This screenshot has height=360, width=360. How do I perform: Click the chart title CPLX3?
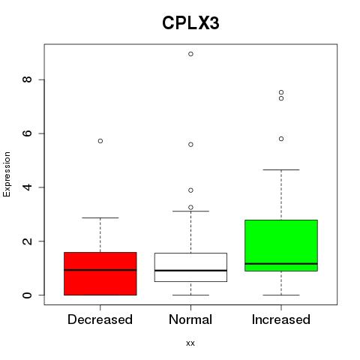point(190,23)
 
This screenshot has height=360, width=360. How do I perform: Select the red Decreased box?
point(100,274)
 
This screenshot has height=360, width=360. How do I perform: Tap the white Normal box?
point(190,268)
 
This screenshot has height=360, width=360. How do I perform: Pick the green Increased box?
point(281,245)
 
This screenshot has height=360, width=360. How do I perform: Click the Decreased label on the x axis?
point(100,319)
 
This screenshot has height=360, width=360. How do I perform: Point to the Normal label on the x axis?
point(190,319)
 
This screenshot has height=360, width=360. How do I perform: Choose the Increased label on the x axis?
point(281,319)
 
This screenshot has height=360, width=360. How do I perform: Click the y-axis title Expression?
point(7,174)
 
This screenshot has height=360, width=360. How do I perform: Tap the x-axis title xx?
point(190,343)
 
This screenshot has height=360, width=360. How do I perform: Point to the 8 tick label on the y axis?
point(27,79)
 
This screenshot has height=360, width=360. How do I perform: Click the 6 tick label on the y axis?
point(27,133)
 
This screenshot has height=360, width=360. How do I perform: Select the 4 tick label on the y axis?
point(27,187)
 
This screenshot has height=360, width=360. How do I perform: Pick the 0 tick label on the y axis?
point(27,295)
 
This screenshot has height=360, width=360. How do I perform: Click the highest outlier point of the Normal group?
point(190,54)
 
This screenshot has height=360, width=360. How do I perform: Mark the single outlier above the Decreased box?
point(100,141)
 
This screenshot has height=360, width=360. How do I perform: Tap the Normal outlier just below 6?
point(190,145)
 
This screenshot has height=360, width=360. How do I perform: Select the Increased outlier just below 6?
point(281,139)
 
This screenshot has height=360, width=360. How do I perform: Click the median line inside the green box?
point(281,264)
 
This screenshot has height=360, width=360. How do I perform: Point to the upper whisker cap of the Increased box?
point(281,169)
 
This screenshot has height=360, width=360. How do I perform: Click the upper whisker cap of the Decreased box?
point(100,217)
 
